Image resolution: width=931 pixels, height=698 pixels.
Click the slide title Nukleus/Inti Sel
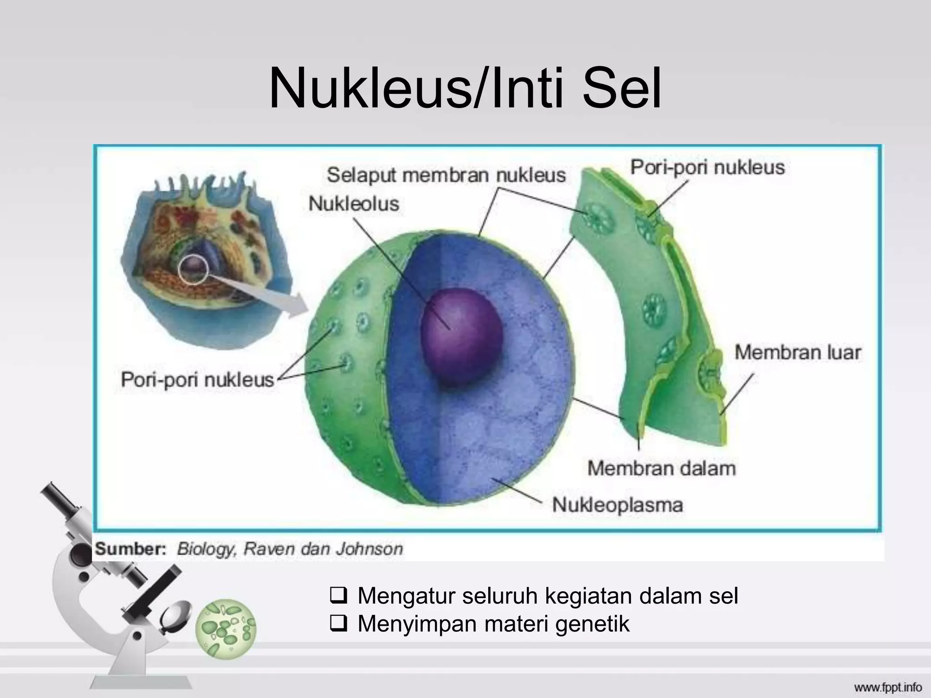click(x=465, y=89)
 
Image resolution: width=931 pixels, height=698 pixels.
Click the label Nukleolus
click(x=354, y=204)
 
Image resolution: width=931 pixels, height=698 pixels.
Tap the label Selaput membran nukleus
click(x=446, y=175)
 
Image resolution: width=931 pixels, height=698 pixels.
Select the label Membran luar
click(x=798, y=353)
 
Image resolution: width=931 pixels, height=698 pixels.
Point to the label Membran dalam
click(x=661, y=468)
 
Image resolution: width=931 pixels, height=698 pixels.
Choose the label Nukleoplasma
click(x=617, y=505)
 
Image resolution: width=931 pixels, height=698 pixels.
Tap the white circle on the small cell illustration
click(x=193, y=269)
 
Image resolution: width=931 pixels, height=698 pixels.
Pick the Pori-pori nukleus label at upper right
click(x=707, y=167)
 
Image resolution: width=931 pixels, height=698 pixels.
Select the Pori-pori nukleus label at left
click(x=197, y=379)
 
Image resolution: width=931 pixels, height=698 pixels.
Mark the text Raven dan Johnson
click(x=323, y=549)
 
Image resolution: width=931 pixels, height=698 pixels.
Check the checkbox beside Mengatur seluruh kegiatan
click(x=339, y=596)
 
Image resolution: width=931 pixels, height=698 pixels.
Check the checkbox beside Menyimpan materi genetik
click(x=339, y=623)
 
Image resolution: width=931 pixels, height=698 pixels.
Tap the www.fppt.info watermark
click(x=894, y=687)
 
